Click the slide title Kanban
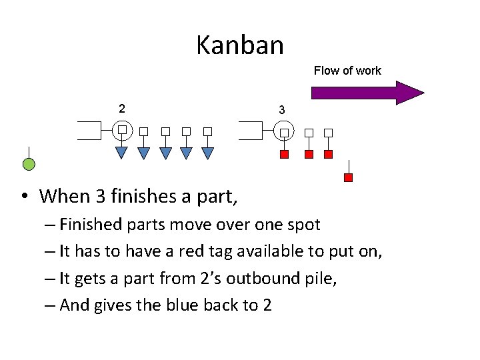click(x=240, y=45)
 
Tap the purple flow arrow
click(x=367, y=93)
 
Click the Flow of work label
click(x=347, y=71)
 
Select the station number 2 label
click(x=121, y=108)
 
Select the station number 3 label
click(x=282, y=109)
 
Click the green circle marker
click(x=29, y=164)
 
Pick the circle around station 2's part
click(x=122, y=129)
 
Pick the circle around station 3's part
click(x=285, y=131)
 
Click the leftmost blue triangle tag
click(x=122, y=153)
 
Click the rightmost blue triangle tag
click(x=207, y=153)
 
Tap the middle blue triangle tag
click(x=165, y=153)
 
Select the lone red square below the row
click(x=348, y=177)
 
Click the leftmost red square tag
click(x=285, y=155)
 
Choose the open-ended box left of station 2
click(x=89, y=130)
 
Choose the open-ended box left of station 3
click(x=251, y=130)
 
